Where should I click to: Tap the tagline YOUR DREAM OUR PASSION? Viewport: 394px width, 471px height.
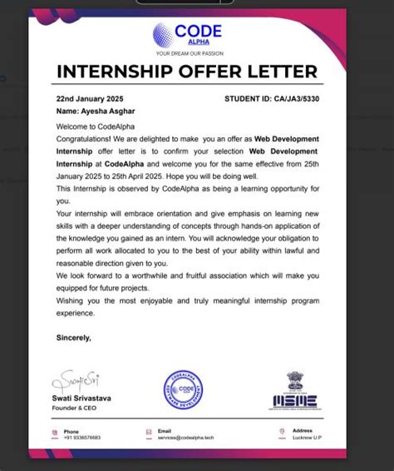[189, 54]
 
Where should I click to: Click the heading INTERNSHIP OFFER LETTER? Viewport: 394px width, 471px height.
[187, 72]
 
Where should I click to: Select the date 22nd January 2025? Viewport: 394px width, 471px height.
[90, 98]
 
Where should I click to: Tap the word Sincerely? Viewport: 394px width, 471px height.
[73, 338]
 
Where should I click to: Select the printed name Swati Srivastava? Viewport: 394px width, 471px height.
[85, 399]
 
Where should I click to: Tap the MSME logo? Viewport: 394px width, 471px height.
[293, 401]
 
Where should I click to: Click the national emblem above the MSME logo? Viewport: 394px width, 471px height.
[295, 381]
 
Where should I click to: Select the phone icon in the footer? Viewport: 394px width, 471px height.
[54, 434]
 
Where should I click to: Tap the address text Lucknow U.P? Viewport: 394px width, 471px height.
[307, 438]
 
